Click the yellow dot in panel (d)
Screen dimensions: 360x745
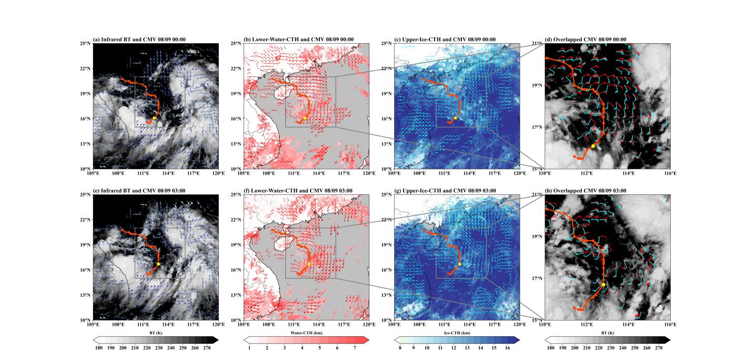pyautogui.click(x=593, y=146)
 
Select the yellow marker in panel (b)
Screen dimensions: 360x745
pyautogui.click(x=306, y=118)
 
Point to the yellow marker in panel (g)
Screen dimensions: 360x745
pyautogui.click(x=459, y=264)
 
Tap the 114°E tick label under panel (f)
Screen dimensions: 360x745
pyautogui.click(x=319, y=325)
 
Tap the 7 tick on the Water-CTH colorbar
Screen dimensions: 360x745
pyautogui.click(x=355, y=348)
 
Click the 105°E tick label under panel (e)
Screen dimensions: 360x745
pyautogui.click(x=93, y=325)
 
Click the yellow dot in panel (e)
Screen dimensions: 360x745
pyautogui.click(x=158, y=264)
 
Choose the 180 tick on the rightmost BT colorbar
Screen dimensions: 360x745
pyautogui.click(x=550, y=348)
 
